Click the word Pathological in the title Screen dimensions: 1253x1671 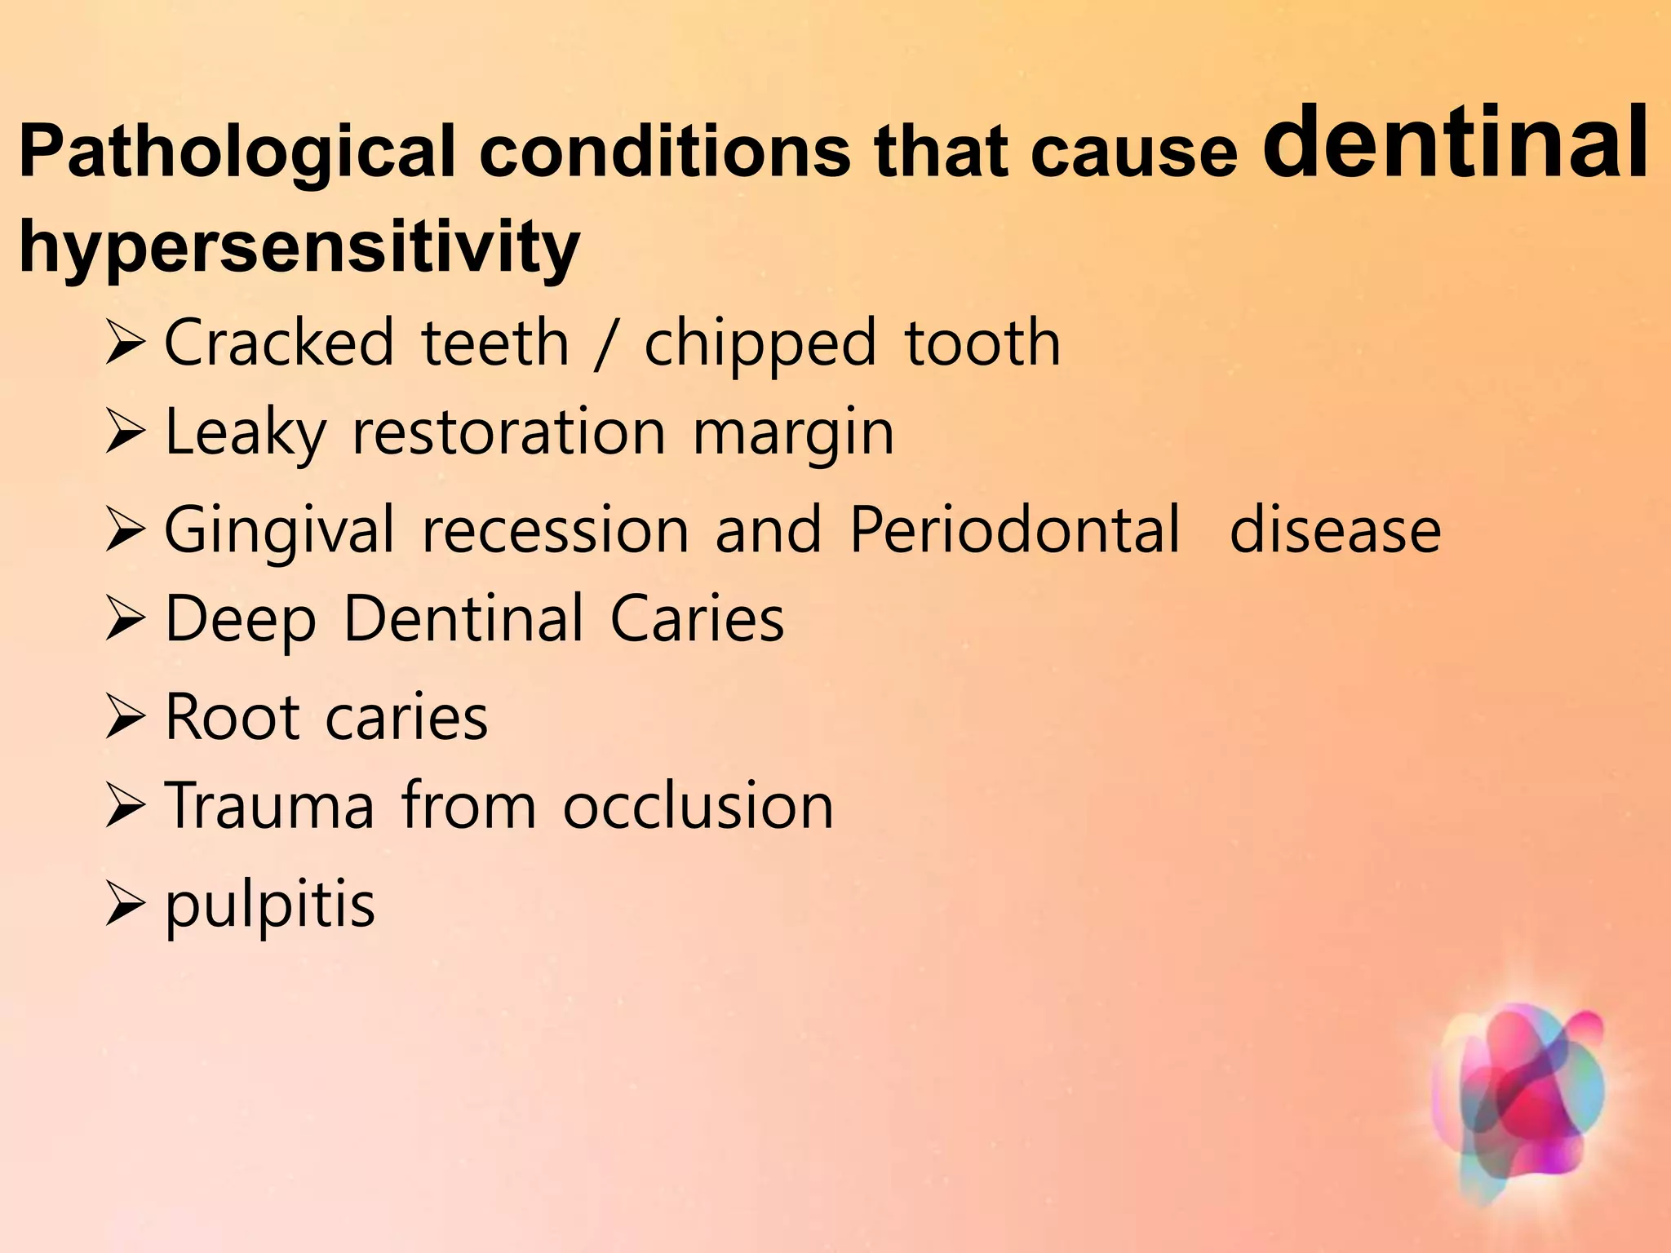pos(237,153)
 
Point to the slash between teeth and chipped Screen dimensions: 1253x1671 pos(604,344)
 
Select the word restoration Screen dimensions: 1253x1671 pos(508,432)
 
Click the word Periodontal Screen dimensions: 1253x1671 pos(1015,530)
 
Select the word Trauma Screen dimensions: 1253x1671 pos(269,806)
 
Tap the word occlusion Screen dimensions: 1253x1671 pos(698,806)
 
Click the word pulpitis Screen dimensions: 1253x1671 pos(270,905)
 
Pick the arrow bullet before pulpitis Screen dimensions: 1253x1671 pos(125,906)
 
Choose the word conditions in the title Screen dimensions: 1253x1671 pos(665,153)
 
